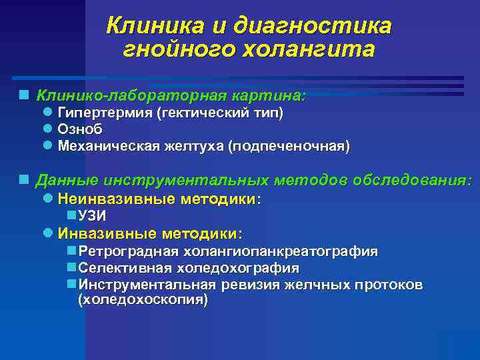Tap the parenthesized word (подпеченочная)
(x=289, y=145)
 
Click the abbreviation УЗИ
(x=92, y=216)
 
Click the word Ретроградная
(x=127, y=251)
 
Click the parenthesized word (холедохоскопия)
(x=143, y=300)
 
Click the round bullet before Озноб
(x=47, y=129)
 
